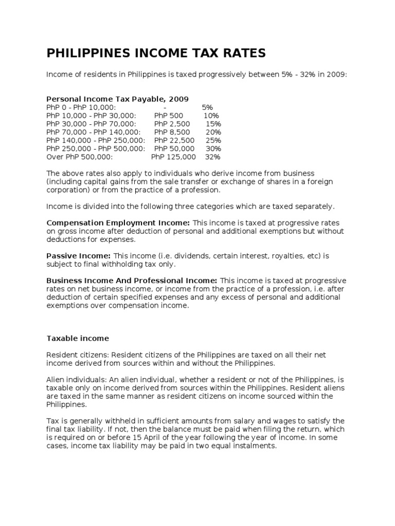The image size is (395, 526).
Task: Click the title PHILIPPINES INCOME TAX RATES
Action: (x=156, y=53)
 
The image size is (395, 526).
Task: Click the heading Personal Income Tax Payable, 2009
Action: (x=117, y=99)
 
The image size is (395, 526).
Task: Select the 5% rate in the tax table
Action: (x=207, y=107)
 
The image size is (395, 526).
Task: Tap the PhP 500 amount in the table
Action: (x=168, y=116)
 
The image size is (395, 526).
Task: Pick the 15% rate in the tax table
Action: (x=213, y=124)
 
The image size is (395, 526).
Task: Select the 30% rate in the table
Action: (x=213, y=148)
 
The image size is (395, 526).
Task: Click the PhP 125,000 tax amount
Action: (x=173, y=157)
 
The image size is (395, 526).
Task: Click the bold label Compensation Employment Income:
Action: (x=118, y=223)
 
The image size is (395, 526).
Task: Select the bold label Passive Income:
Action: (x=78, y=256)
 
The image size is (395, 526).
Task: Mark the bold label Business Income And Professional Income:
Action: (x=132, y=280)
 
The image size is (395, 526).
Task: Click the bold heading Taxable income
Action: (x=77, y=339)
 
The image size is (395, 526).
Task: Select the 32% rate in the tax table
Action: (x=212, y=157)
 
